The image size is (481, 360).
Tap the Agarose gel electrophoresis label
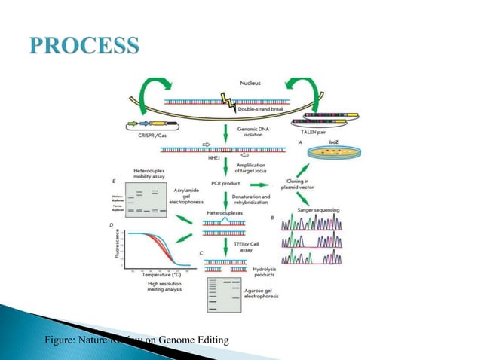273,299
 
